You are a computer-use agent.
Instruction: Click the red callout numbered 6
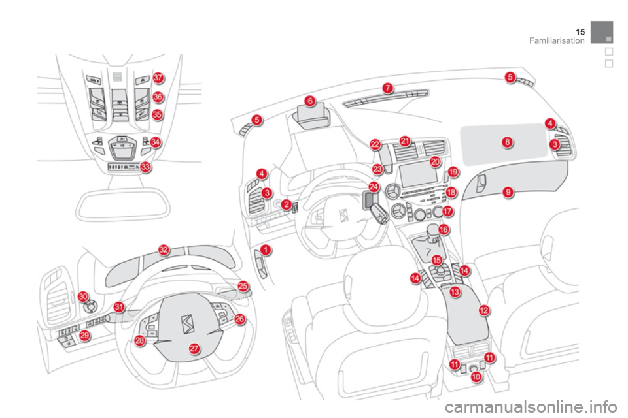(310, 101)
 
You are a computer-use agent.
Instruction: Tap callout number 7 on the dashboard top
(387, 88)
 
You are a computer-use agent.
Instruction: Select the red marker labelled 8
(507, 142)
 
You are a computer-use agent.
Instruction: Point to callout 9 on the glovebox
(508, 193)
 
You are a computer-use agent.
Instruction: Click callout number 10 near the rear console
(476, 376)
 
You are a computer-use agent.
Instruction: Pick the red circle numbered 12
(484, 310)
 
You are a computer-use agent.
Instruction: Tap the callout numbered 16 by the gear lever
(444, 230)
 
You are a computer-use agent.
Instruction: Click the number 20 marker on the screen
(435, 161)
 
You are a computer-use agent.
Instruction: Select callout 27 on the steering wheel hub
(194, 348)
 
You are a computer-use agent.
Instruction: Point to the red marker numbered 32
(164, 250)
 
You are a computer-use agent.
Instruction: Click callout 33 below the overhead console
(145, 167)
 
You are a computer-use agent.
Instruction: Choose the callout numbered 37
(158, 78)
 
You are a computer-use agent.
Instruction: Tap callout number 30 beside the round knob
(83, 297)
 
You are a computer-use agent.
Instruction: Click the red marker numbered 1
(266, 250)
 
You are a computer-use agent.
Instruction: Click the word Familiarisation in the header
(557, 40)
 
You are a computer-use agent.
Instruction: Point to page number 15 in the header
(580, 32)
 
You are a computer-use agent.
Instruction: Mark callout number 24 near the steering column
(374, 187)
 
